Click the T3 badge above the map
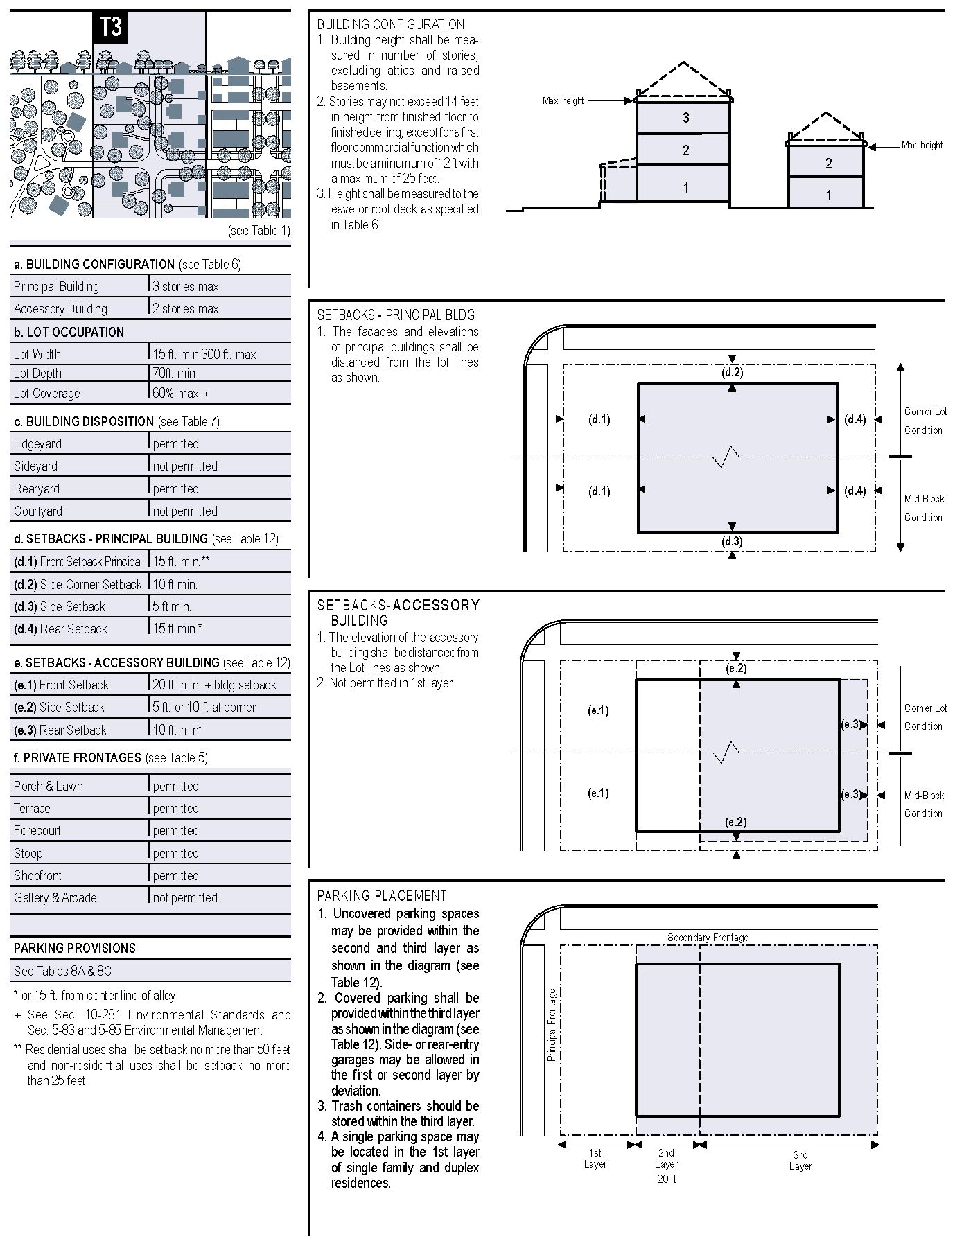click(110, 27)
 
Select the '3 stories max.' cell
click(186, 286)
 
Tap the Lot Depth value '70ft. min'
click(174, 373)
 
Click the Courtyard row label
click(38, 511)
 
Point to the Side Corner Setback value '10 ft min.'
click(175, 584)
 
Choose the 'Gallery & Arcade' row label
click(55, 897)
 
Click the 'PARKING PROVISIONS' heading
click(75, 948)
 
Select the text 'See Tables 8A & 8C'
click(62, 971)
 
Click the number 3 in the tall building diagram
click(686, 118)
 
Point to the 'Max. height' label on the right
click(922, 146)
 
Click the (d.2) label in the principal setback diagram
click(733, 372)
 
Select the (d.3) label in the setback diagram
click(733, 541)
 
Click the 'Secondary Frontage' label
click(708, 938)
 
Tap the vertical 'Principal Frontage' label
click(552, 1025)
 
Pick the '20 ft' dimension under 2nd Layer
click(666, 1179)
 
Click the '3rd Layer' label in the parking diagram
click(800, 1160)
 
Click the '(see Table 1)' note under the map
click(259, 231)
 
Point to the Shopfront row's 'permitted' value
click(176, 875)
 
